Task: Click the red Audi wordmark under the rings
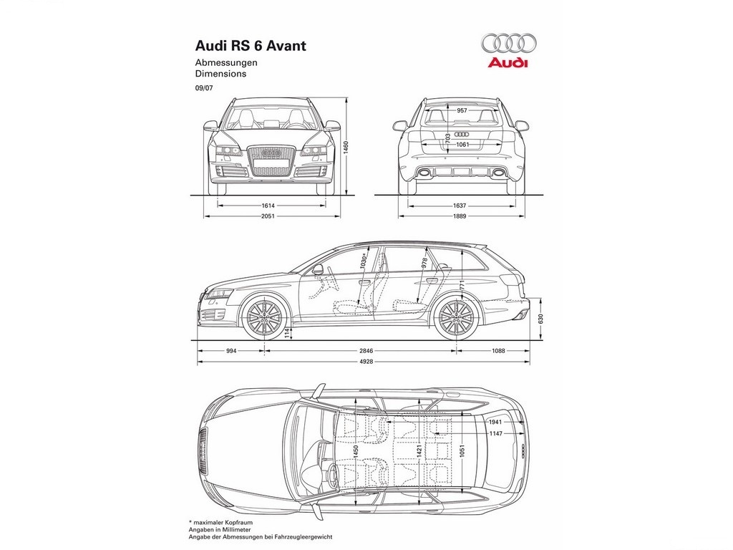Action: [x=508, y=63]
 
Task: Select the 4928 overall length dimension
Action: [x=366, y=362]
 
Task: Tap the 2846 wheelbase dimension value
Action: [x=366, y=351]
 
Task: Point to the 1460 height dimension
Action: [x=346, y=148]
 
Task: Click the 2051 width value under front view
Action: [x=268, y=216]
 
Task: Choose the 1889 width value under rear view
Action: [x=460, y=216]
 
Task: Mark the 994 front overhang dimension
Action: [x=231, y=351]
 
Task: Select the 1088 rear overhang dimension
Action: [x=498, y=351]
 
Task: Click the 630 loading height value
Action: [x=541, y=319]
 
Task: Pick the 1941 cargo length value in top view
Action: [x=495, y=422]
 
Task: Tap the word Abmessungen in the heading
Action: [x=226, y=63]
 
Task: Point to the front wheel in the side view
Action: [x=265, y=317]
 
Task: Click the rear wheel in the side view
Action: [x=456, y=317]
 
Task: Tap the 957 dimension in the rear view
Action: [x=462, y=111]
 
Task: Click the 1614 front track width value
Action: [x=268, y=206]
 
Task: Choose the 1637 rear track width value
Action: [x=460, y=206]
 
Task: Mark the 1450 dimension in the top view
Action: [x=356, y=451]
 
